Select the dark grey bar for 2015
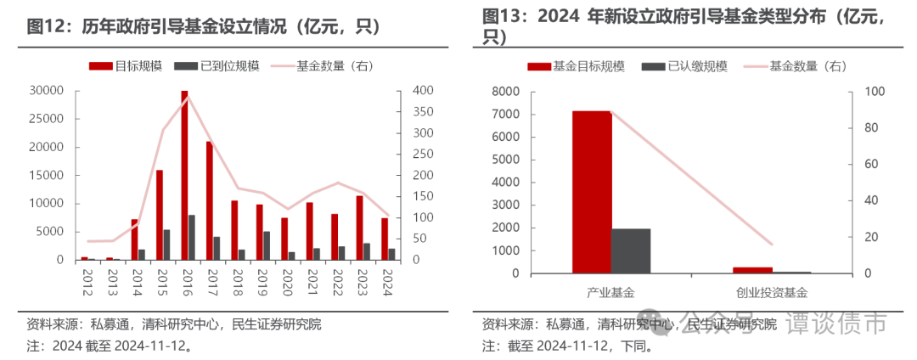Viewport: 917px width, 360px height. tap(166, 245)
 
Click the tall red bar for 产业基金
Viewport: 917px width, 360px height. tap(592, 192)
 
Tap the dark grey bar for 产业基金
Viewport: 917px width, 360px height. tap(631, 250)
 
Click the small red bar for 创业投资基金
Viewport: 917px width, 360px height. tap(753, 270)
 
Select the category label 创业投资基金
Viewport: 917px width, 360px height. tap(773, 292)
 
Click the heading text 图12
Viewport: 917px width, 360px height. tap(46, 26)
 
